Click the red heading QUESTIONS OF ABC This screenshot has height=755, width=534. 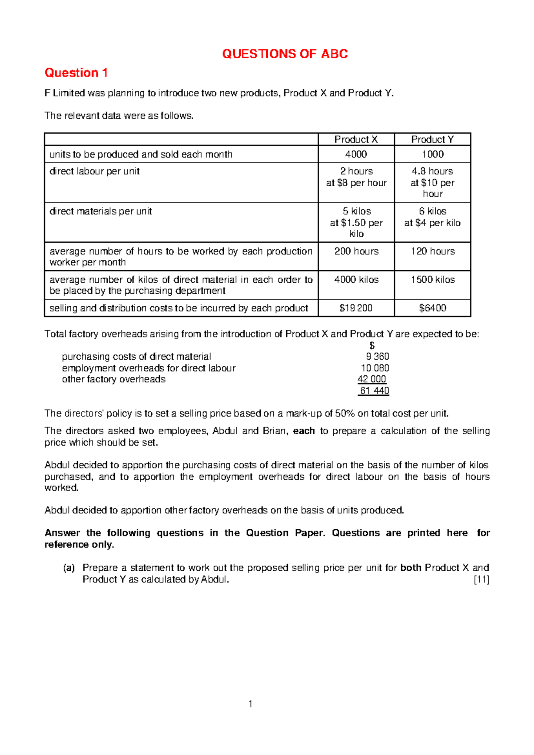(x=285, y=54)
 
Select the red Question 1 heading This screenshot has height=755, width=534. (x=76, y=73)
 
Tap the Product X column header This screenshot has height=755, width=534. (x=356, y=139)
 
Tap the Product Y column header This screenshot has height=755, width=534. (x=432, y=139)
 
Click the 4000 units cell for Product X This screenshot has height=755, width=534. (x=356, y=154)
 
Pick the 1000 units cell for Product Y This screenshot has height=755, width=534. (x=433, y=154)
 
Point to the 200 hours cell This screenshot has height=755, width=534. (x=356, y=251)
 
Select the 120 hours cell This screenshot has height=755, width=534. (x=433, y=251)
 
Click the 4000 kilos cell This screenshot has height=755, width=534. (x=356, y=280)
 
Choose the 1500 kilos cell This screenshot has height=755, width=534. (x=433, y=280)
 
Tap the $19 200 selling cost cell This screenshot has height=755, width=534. (x=356, y=308)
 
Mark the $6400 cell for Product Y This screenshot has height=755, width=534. (x=433, y=308)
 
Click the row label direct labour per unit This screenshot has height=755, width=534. (x=94, y=171)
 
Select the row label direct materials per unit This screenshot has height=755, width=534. (x=101, y=211)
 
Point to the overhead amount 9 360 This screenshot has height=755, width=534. (x=377, y=357)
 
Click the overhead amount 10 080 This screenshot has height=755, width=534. (x=375, y=368)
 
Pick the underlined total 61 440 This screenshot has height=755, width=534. (x=374, y=391)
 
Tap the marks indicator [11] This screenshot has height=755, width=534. (x=481, y=580)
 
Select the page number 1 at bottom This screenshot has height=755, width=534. (x=251, y=704)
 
